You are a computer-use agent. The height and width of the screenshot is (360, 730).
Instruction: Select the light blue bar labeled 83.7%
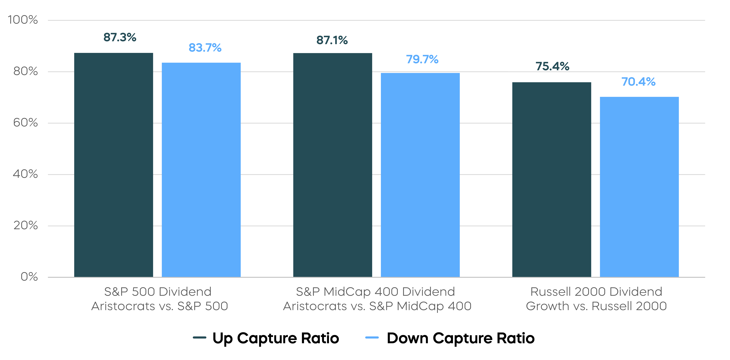(201, 170)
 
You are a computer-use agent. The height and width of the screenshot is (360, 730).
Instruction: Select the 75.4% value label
(552, 66)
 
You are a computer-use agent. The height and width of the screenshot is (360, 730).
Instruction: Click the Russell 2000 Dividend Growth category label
(596, 299)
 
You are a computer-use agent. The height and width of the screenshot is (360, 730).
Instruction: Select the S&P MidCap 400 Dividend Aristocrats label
(377, 299)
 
